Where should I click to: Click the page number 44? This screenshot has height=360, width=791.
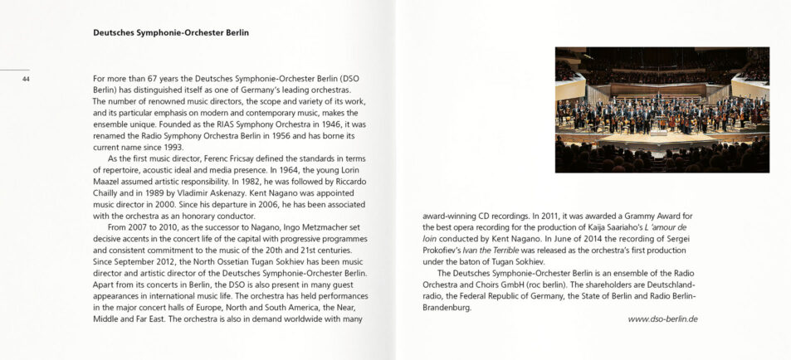click(x=27, y=80)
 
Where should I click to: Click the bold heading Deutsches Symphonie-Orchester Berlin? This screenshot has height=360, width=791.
click(x=171, y=33)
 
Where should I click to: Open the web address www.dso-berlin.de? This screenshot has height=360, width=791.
click(x=662, y=319)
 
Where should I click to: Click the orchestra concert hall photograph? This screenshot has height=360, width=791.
click(x=662, y=109)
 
